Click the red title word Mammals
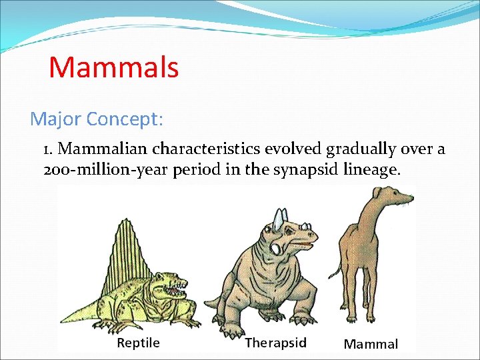tap(113, 67)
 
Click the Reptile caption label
tap(138, 343)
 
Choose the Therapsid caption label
tap(275, 343)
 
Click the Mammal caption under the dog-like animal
tap(371, 344)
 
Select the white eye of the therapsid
tap(277, 247)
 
